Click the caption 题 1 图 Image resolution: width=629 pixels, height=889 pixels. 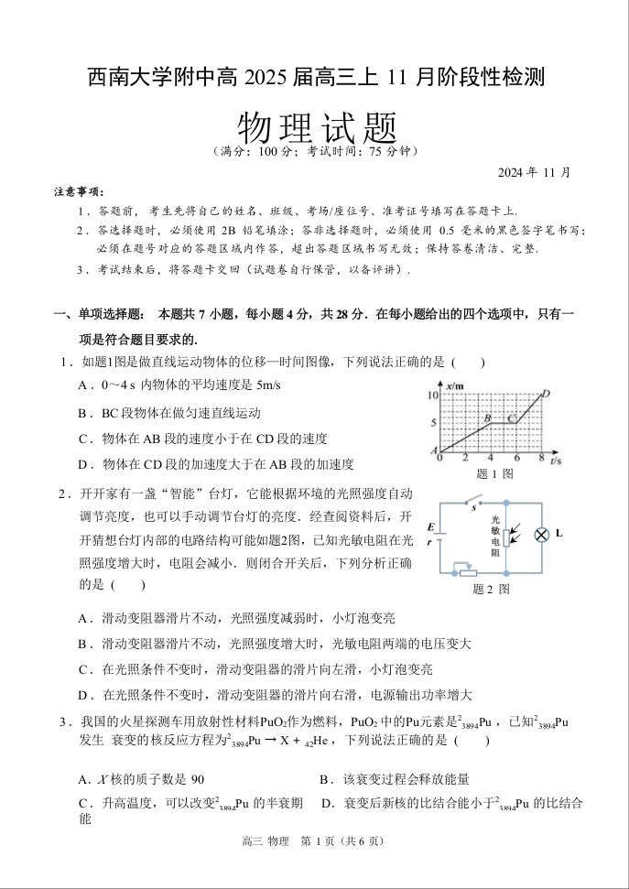[x=494, y=474]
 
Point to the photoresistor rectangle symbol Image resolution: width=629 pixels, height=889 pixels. [x=506, y=537]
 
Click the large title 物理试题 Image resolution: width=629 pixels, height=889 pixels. [x=316, y=125]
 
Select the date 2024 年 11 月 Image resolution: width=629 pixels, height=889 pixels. [x=534, y=171]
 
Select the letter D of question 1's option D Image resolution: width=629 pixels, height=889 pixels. [x=83, y=464]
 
